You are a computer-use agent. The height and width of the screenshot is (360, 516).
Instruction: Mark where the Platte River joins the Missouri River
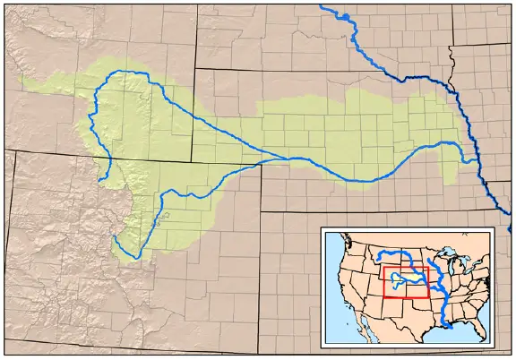477,161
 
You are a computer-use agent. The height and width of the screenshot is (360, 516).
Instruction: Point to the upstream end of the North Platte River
100,179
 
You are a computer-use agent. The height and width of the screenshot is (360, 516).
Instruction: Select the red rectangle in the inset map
406,280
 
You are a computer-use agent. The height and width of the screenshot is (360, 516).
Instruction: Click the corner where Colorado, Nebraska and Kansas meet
262,211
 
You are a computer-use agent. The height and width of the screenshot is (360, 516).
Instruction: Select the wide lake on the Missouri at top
346,16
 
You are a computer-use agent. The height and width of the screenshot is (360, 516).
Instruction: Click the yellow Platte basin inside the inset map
403,280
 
